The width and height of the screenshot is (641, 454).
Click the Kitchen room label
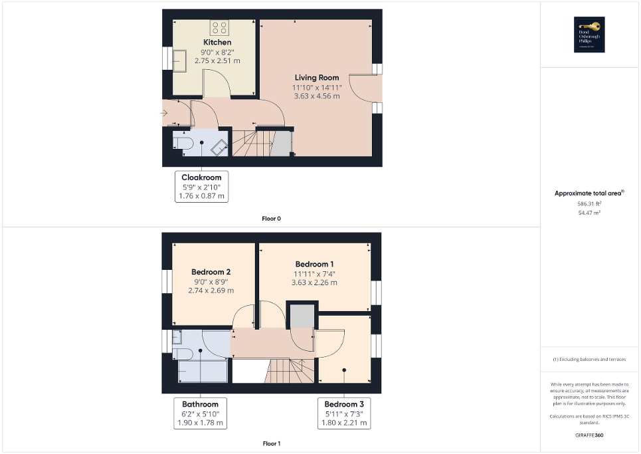coord(217,43)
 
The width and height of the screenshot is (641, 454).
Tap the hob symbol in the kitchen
coord(220,27)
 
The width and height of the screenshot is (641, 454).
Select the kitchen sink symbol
coord(180,60)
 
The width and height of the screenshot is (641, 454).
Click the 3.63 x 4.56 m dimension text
coord(316,96)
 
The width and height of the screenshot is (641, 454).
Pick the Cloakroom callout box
coord(202,187)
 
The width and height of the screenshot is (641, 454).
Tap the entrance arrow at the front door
coord(164,113)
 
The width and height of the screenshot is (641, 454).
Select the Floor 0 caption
coord(271,219)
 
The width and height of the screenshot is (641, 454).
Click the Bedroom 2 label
coord(211,272)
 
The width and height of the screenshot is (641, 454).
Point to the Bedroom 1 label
coord(315,264)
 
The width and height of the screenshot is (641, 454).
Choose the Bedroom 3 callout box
coord(343,413)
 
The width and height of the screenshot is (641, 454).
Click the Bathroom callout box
coord(200,413)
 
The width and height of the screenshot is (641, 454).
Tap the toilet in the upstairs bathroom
coord(183,352)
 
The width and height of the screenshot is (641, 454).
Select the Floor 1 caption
coord(271,443)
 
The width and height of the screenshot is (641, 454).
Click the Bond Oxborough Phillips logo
coord(587,35)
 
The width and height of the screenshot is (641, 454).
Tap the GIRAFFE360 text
coord(589,435)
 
